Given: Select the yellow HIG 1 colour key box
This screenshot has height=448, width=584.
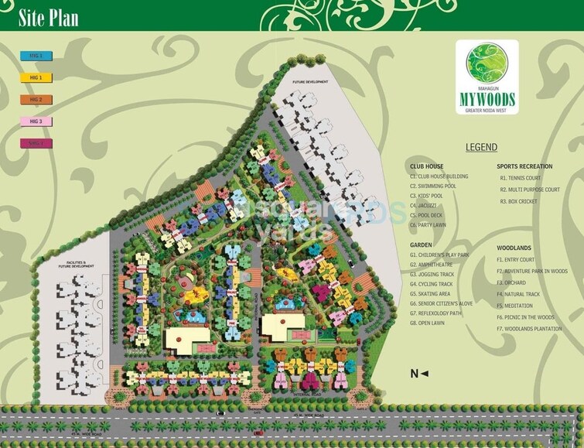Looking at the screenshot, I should point(36,77).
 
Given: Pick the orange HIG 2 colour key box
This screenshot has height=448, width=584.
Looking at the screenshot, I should point(36,99).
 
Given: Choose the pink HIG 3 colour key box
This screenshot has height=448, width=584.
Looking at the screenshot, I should point(36,121).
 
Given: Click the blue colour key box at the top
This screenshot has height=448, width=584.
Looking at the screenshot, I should point(36,56).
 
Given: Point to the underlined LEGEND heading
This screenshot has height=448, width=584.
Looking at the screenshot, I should point(481,147).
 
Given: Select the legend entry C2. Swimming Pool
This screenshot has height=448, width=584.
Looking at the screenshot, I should point(433,186).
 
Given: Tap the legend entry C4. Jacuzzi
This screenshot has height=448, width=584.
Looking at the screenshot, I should point(424,205).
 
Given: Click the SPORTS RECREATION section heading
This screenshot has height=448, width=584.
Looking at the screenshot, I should point(524,166).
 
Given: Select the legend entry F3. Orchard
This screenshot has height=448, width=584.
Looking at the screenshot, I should point(512,283).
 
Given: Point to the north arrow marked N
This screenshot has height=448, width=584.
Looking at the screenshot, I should point(418,374).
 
